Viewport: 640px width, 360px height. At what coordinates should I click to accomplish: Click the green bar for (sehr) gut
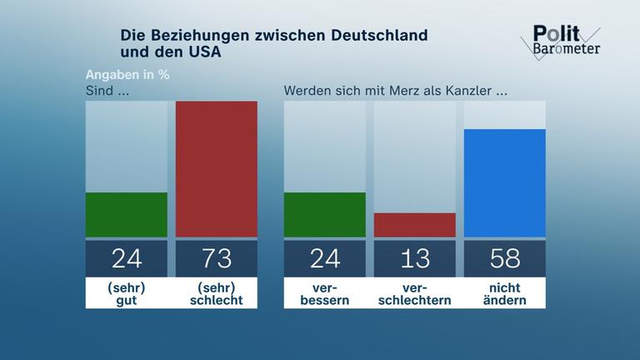click(127, 215)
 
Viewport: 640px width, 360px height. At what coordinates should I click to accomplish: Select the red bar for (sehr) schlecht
click(217, 169)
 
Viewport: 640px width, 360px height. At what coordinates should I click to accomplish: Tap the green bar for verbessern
click(325, 215)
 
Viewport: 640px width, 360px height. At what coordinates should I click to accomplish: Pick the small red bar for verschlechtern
click(415, 225)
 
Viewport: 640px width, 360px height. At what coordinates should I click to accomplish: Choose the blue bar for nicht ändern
click(504, 183)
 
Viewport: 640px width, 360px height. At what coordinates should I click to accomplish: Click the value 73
click(217, 258)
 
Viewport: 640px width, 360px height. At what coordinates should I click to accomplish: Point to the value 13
click(415, 258)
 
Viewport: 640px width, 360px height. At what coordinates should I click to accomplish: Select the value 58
click(504, 258)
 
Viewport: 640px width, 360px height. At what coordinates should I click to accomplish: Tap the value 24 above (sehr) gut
click(127, 258)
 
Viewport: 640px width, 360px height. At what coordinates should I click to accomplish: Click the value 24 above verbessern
click(325, 258)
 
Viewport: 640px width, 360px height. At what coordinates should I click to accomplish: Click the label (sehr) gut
click(127, 293)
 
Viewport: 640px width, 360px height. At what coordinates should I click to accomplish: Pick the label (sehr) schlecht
click(217, 293)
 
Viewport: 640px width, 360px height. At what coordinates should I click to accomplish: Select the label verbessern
click(325, 293)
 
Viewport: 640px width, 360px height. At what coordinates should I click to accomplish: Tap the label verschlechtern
click(415, 293)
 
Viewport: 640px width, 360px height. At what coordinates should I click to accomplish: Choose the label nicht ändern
click(504, 293)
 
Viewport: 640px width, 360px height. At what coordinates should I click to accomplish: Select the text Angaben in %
click(127, 73)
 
